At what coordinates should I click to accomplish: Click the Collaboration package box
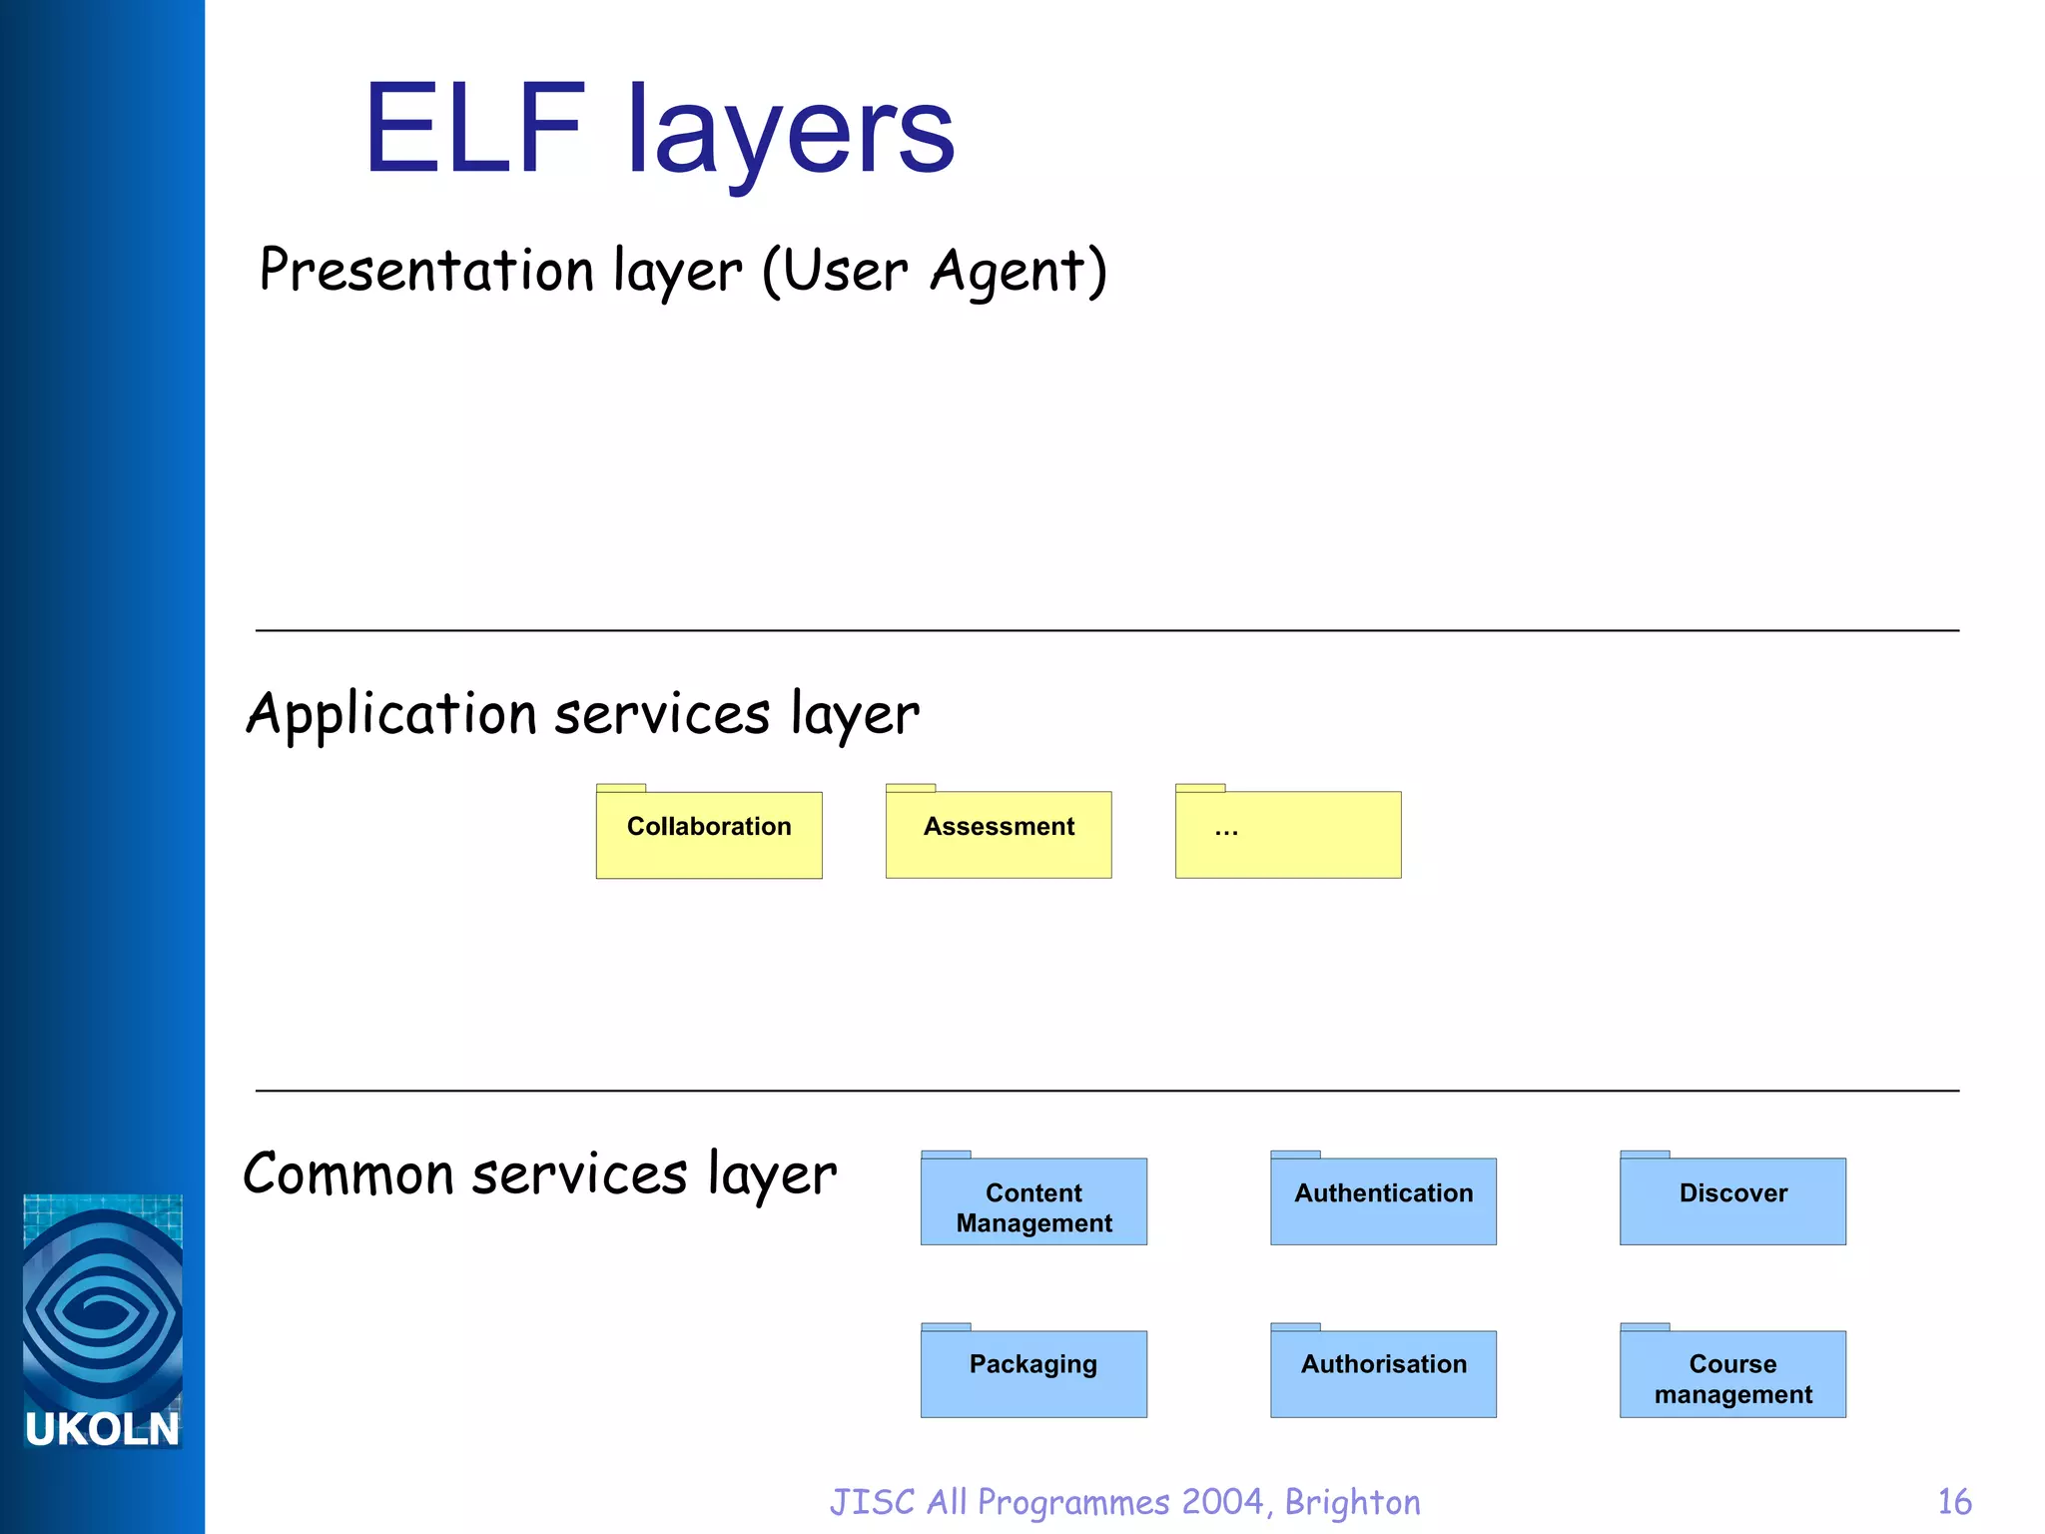click(709, 835)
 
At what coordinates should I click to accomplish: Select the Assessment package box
click(999, 835)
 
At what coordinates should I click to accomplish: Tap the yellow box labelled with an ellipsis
click(1288, 835)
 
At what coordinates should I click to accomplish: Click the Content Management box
click(1033, 1201)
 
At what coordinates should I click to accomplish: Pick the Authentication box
click(1383, 1201)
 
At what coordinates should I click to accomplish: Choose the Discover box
click(1732, 1201)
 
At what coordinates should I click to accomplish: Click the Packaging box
click(1033, 1373)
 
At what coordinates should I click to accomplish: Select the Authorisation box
click(1383, 1373)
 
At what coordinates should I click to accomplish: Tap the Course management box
click(1732, 1373)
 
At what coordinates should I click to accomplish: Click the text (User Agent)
click(935, 272)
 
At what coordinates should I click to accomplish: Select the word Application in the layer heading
click(391, 715)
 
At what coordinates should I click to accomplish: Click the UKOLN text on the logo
click(102, 1429)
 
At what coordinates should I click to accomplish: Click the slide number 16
click(1954, 1502)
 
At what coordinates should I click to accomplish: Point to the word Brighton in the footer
click(1352, 1502)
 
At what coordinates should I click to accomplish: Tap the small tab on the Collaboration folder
click(621, 788)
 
